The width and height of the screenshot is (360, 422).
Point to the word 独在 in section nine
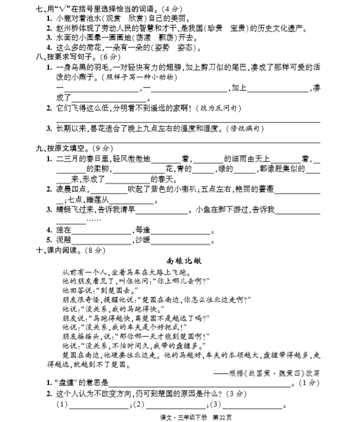click(63, 229)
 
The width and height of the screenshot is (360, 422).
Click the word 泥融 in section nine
click(63, 239)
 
